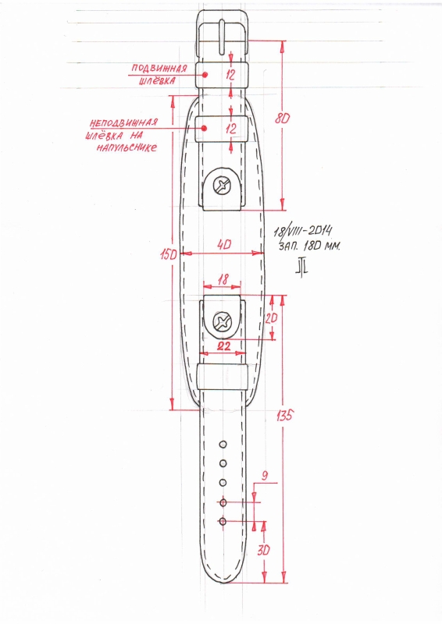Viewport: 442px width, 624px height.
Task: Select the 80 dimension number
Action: pos(282,119)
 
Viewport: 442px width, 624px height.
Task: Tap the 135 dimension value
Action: pos(284,416)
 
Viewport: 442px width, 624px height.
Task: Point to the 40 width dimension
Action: pos(224,244)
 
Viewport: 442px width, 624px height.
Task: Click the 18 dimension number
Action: pos(223,280)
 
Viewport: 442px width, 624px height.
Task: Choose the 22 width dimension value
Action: pos(223,346)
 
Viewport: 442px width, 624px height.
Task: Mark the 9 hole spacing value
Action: pos(265,476)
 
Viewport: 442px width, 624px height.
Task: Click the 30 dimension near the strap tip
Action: pos(263,551)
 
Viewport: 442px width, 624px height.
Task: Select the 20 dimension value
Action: pos(271,318)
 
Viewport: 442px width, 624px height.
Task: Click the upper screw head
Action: pos(222,186)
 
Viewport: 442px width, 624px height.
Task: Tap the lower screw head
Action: pos(222,321)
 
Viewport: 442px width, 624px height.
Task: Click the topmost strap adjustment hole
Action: pos(223,444)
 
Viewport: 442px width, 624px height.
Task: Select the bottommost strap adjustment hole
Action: pos(223,521)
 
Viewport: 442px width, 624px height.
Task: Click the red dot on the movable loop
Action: pos(205,74)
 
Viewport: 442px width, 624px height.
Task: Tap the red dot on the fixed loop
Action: pos(204,128)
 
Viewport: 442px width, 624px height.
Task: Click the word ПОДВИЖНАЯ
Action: pos(159,69)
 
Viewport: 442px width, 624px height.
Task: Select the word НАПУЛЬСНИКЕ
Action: pos(127,148)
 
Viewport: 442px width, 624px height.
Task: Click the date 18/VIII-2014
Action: pos(303,231)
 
